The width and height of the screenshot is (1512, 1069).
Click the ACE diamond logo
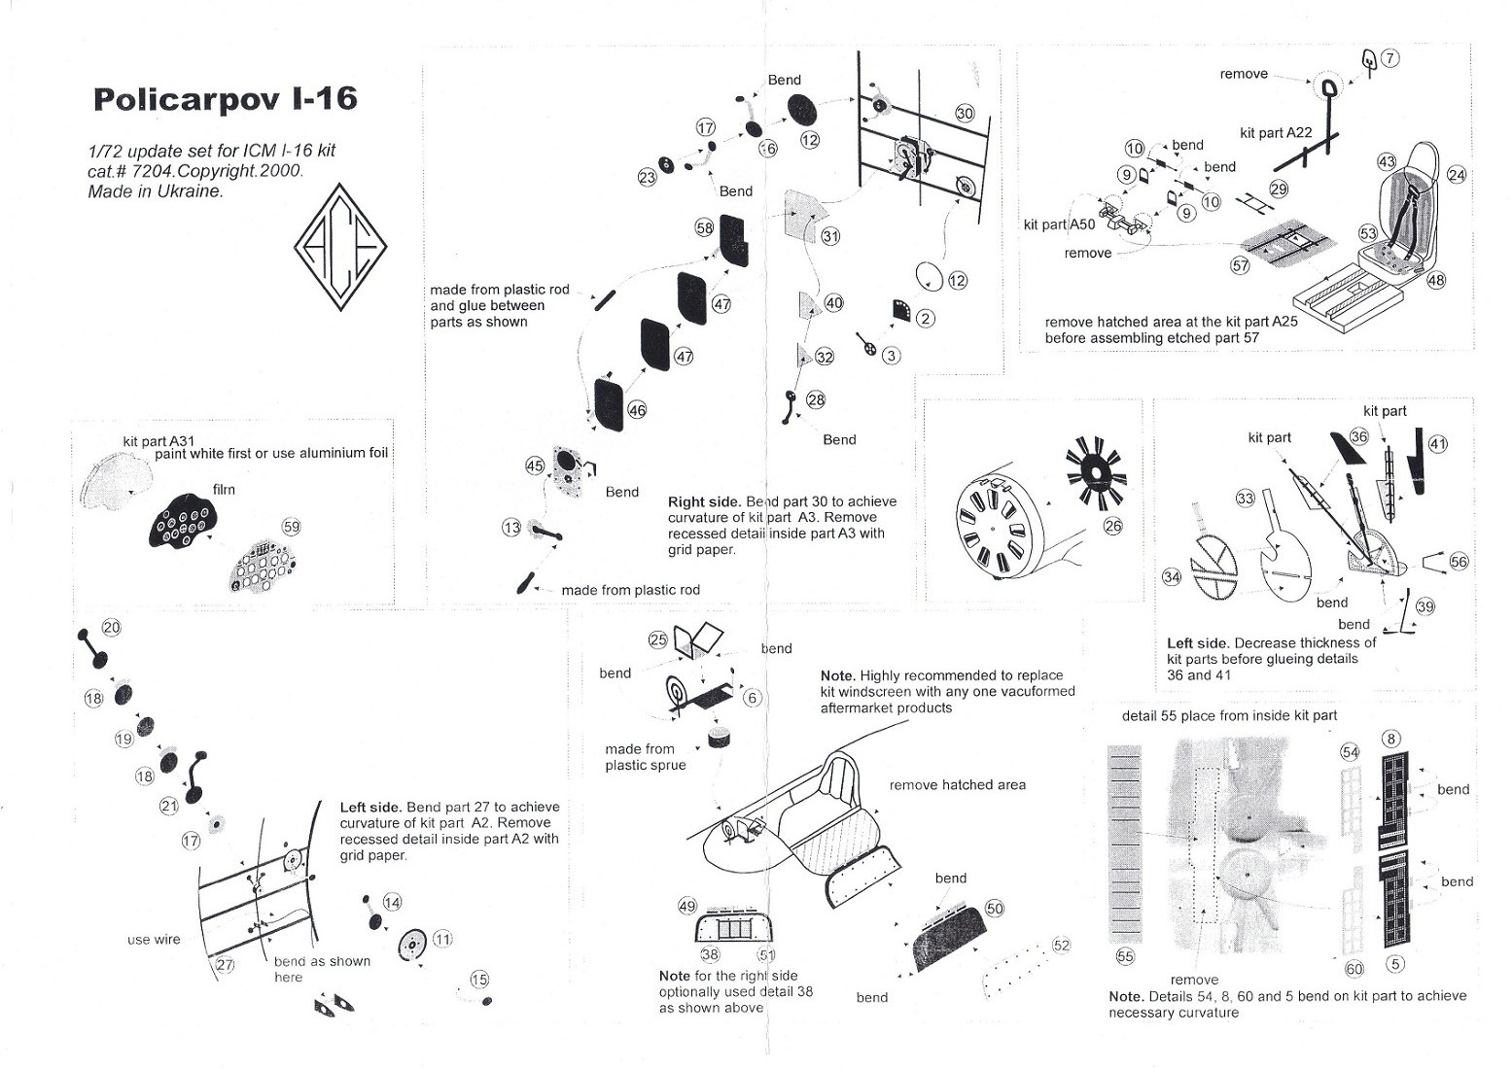(341, 247)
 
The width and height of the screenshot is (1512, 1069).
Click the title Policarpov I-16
(226, 98)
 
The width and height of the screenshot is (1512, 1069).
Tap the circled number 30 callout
(965, 114)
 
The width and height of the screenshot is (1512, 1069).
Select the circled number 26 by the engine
(1112, 526)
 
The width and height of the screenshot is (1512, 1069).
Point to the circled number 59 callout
(291, 527)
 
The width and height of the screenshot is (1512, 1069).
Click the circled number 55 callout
(1125, 956)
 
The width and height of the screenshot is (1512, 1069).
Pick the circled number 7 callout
(1389, 58)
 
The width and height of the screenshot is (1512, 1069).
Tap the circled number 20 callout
(112, 628)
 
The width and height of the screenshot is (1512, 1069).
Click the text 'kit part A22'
(1276, 133)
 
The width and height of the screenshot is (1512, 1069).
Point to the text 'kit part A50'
(1059, 224)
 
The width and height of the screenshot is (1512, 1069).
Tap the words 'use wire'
(154, 940)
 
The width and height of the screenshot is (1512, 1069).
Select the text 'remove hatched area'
(957, 785)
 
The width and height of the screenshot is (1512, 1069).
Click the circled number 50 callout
(995, 909)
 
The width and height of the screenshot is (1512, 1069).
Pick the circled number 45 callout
(535, 466)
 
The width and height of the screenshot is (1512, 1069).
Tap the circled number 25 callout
(657, 640)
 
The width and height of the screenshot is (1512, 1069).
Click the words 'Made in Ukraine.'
(156, 190)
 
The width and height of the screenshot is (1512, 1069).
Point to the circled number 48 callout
(1436, 280)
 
